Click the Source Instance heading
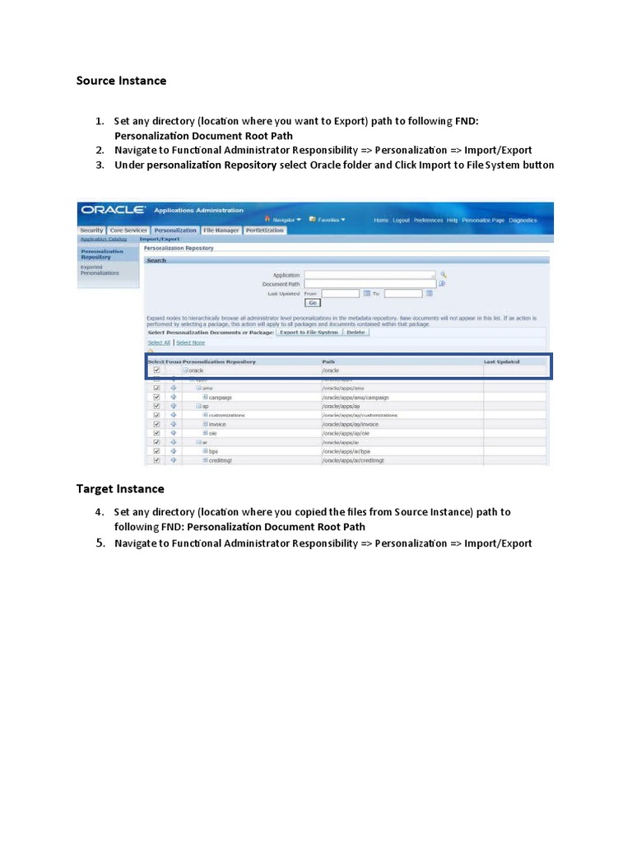pos(121,81)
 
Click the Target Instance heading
pos(120,489)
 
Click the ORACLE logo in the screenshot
pos(114,211)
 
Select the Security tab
pos(92,231)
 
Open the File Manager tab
pos(221,231)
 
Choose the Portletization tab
pos(264,231)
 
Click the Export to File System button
pos(309,333)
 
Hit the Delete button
pos(355,333)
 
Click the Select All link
pos(159,342)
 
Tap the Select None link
pos(190,342)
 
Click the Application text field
pos(369,275)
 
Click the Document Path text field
pos(369,284)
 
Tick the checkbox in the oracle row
pos(156,370)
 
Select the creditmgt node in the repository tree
pos(221,460)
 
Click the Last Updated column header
pos(502,361)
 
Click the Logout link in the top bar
pos(401,221)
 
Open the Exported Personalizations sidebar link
pos(99,269)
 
